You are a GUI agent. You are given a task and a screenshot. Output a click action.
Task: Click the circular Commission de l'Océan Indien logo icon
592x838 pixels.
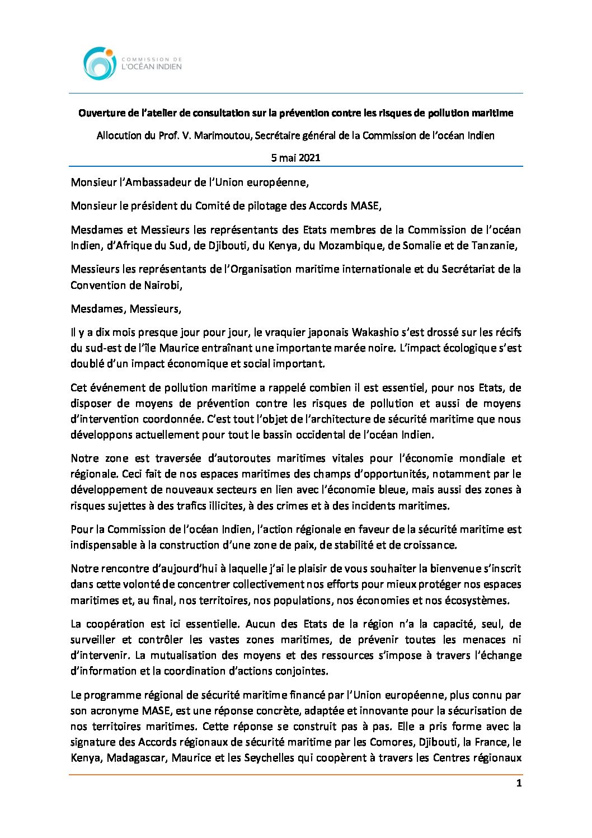100,63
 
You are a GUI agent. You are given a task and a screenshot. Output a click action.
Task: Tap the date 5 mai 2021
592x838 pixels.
295,158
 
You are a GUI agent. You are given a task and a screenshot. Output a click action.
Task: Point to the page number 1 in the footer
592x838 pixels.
519,783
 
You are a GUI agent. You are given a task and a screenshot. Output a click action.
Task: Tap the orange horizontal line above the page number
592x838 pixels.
295,775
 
